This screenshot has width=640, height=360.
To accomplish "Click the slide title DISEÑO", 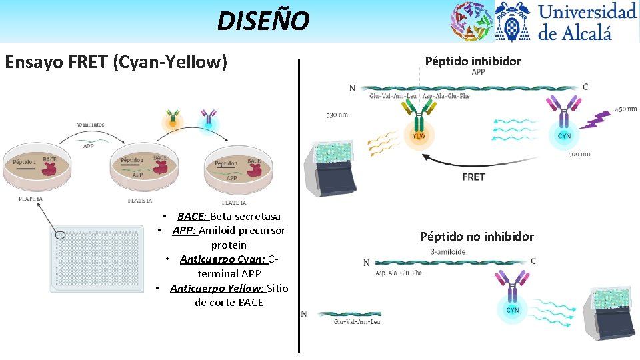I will [263, 21].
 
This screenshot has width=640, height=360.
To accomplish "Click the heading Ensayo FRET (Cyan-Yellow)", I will [116, 63].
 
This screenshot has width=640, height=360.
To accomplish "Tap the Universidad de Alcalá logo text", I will [587, 21].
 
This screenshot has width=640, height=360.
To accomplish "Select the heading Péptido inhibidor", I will [473, 61].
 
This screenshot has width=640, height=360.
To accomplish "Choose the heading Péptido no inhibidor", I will [477, 236].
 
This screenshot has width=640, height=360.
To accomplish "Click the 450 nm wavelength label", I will [625, 109].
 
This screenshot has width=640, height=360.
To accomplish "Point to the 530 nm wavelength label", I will [337, 115].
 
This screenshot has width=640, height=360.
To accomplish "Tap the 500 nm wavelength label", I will [579, 154].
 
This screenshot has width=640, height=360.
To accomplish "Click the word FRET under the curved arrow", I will [473, 177].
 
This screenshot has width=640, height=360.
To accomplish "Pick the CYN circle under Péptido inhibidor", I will [563, 135].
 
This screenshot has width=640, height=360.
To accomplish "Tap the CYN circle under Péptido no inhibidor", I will [513, 309].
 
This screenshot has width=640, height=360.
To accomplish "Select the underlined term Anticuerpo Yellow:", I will [218, 288].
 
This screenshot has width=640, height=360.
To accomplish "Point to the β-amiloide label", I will [447, 251].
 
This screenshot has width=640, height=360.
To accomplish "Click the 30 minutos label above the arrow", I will [89, 125].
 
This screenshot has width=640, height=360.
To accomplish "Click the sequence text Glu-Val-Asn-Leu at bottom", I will [357, 322].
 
